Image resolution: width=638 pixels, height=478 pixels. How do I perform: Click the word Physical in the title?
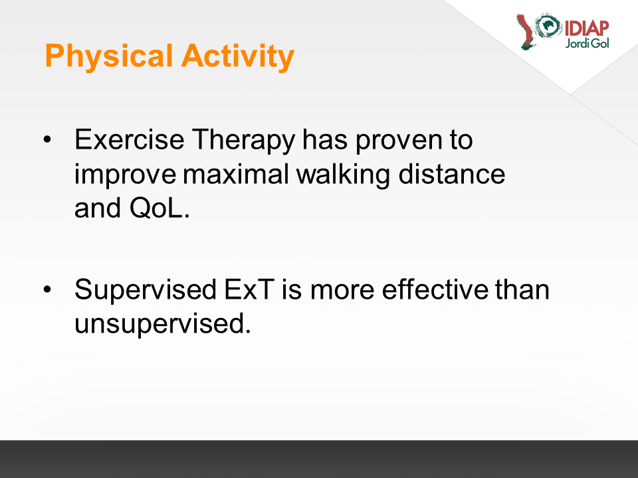[x=109, y=56]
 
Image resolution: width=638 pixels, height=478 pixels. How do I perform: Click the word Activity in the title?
[x=238, y=56]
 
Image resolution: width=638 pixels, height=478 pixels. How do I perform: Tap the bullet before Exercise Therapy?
[x=48, y=139]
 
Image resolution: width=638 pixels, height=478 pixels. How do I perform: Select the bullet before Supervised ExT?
[x=48, y=289]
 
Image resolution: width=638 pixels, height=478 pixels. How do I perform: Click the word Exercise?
[x=130, y=139]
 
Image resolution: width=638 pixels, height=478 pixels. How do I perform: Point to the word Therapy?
[x=243, y=140]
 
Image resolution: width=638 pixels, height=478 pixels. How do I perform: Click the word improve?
[x=125, y=175]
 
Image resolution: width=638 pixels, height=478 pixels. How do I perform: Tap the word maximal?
[x=236, y=174]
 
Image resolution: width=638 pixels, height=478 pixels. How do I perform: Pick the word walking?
[x=343, y=175]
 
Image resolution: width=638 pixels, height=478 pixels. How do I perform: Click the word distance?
[x=452, y=174]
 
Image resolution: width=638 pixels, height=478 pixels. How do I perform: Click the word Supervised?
[x=146, y=290]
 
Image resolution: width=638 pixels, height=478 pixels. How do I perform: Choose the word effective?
[x=435, y=289]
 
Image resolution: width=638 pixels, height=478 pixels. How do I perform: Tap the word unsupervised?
[x=163, y=324]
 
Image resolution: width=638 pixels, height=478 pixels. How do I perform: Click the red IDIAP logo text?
[x=587, y=29]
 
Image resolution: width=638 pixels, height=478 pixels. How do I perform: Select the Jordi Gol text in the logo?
[x=587, y=43]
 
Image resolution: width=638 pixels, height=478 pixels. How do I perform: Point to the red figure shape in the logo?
[x=526, y=33]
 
